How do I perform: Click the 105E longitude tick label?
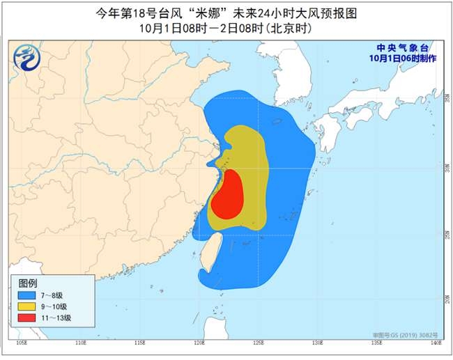[21, 342]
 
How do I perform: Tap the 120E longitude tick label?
[199, 342]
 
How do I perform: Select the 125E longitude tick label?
[259, 342]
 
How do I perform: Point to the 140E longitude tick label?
[437, 342]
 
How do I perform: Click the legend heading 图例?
[28, 283]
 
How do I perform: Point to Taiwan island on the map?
[210, 253]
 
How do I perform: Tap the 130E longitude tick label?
[318, 342]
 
